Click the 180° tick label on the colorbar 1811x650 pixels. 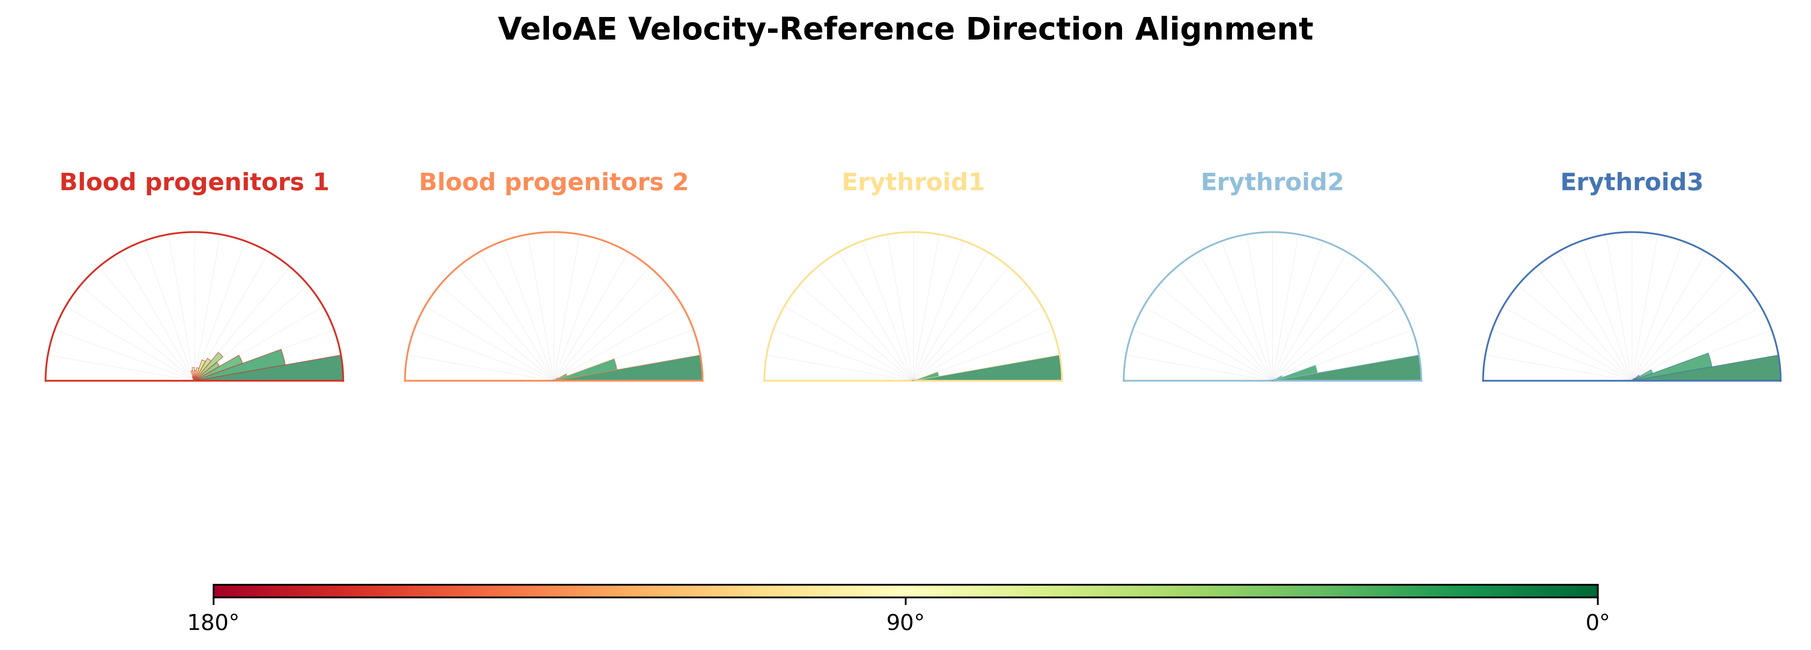[213, 623]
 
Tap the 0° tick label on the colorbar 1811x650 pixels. [1597, 623]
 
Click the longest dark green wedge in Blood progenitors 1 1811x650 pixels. [295, 371]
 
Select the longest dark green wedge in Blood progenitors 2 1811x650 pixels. [654, 371]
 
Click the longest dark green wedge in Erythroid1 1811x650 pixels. [1012, 371]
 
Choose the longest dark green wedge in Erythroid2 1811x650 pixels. [1371, 371]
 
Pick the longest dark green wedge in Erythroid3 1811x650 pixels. [1730, 371]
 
